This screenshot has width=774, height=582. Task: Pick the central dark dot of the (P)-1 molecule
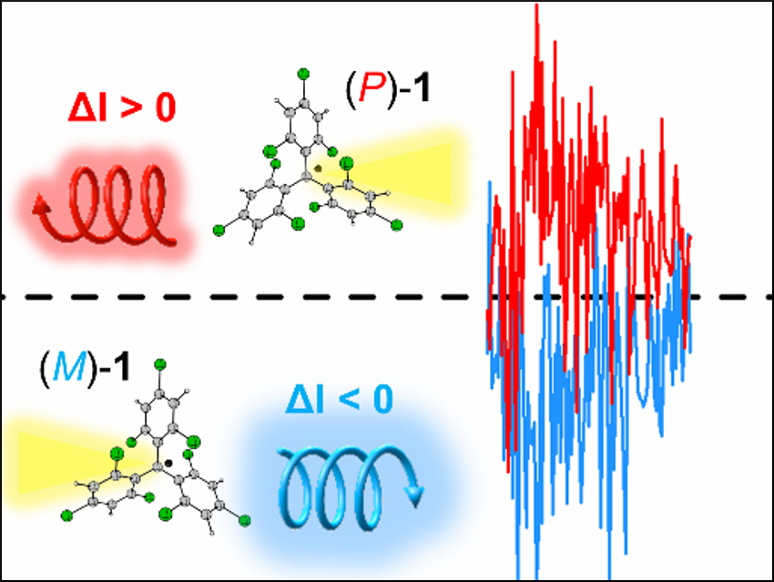(317, 168)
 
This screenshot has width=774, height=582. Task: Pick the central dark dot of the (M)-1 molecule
(169, 463)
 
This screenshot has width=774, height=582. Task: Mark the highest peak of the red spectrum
(537, 7)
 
